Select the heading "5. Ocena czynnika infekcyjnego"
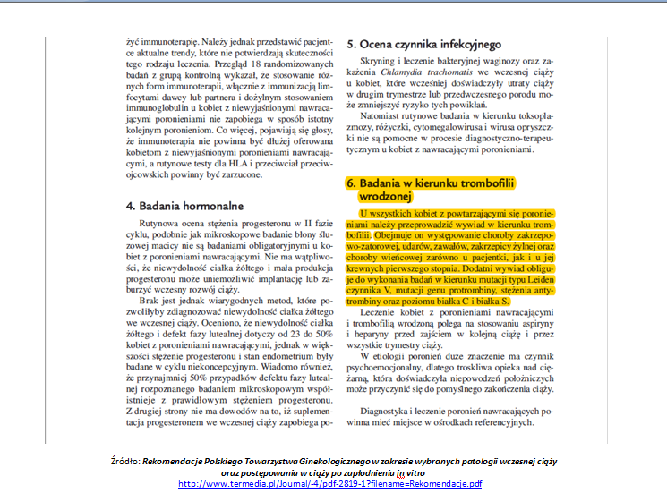[x=423, y=43]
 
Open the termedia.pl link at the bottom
[x=330, y=484]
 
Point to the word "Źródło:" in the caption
[x=120, y=459]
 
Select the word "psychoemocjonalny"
[x=395, y=366]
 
